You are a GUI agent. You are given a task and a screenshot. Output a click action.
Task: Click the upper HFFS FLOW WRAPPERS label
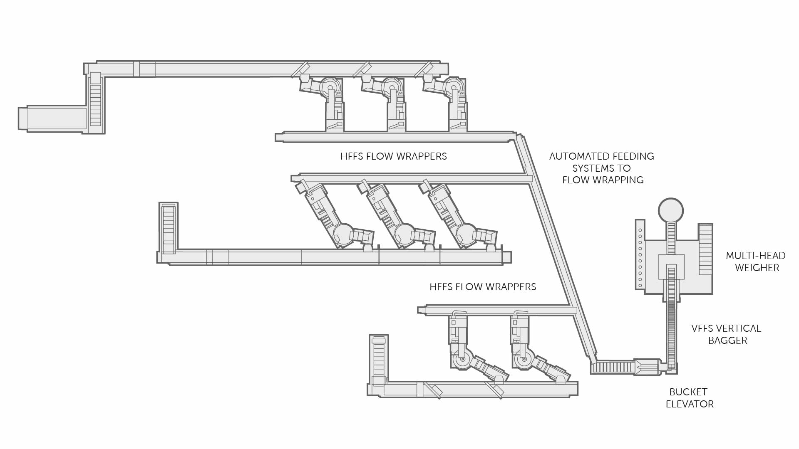[x=393, y=156]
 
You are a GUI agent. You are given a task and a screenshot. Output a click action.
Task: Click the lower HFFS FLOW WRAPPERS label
[x=483, y=287]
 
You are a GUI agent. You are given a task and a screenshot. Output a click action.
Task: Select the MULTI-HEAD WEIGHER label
[x=756, y=262]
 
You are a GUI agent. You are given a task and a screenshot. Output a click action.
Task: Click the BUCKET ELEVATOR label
[x=689, y=398]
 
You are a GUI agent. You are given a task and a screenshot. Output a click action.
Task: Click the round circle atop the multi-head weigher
[x=670, y=210]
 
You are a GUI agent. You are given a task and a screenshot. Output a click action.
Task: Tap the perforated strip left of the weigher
[x=640, y=254]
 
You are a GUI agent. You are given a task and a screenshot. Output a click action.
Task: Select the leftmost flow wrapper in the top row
[x=329, y=102]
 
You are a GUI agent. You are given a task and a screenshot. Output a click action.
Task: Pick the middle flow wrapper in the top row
[x=391, y=102]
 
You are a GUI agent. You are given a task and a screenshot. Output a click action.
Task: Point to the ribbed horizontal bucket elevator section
[x=614, y=367]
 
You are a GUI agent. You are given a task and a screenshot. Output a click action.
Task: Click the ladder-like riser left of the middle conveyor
[x=169, y=228]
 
